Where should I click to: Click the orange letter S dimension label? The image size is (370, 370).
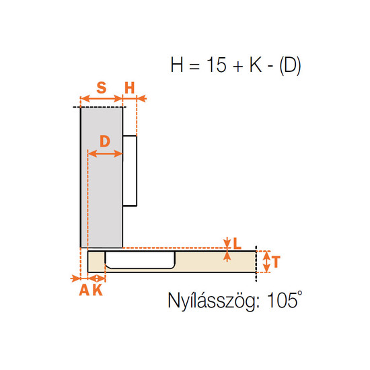point(102,87)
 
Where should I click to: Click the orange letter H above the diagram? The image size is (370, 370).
point(130,87)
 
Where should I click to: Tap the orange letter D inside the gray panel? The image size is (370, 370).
point(105,141)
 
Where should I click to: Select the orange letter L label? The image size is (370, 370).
point(237,244)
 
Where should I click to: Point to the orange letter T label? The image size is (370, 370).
point(275,262)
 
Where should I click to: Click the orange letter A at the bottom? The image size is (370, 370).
point(84,290)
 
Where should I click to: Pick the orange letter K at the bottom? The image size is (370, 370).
point(98,290)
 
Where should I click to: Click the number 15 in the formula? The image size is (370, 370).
point(217,65)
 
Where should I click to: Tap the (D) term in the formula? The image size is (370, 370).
point(290,65)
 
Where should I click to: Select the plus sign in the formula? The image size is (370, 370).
point(237,66)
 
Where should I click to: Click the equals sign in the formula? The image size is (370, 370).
point(194,66)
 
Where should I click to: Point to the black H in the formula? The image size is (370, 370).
point(177,65)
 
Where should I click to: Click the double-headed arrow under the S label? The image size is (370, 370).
point(102,99)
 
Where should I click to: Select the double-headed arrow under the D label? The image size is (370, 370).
point(105,153)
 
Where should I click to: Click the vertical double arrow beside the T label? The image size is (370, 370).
point(266,262)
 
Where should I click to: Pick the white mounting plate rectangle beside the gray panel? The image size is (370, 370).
point(130,171)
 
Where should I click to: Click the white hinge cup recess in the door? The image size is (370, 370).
point(140,260)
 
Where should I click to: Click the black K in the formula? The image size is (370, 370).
point(256,65)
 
